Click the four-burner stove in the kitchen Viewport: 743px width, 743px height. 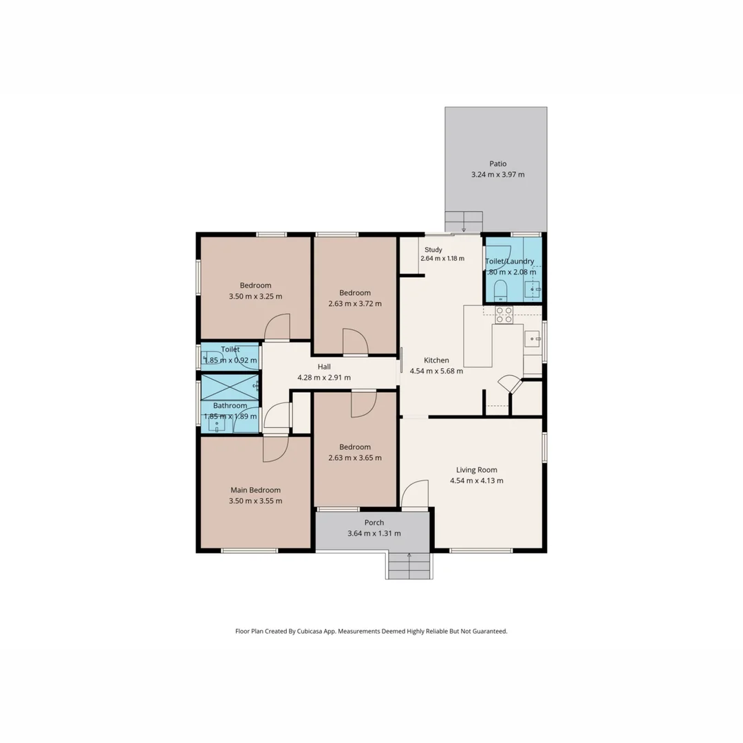[x=504, y=314]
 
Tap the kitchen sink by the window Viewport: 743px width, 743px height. [x=532, y=338]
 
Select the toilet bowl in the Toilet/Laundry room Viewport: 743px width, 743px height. [x=501, y=291]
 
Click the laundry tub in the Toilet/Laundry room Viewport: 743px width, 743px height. [x=533, y=291]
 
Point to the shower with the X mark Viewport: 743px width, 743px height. [x=230, y=387]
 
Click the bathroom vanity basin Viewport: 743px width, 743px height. [x=217, y=424]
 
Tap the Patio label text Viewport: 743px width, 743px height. [x=497, y=164]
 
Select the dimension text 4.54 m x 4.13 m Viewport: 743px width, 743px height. [x=476, y=481]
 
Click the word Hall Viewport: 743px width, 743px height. [x=324, y=367]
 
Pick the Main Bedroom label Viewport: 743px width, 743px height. [x=255, y=490]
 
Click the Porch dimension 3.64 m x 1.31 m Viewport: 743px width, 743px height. [x=374, y=533]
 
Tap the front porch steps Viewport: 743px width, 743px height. [x=410, y=566]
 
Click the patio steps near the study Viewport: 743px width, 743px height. [x=463, y=222]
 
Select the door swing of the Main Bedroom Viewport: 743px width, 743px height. [x=275, y=449]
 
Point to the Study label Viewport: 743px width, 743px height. [x=433, y=250]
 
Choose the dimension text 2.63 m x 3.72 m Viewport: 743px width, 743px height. [x=354, y=303]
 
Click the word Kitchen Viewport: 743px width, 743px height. [x=436, y=360]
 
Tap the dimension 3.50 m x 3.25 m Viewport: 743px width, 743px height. [x=255, y=296]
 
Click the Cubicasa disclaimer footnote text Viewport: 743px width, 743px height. [x=371, y=631]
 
